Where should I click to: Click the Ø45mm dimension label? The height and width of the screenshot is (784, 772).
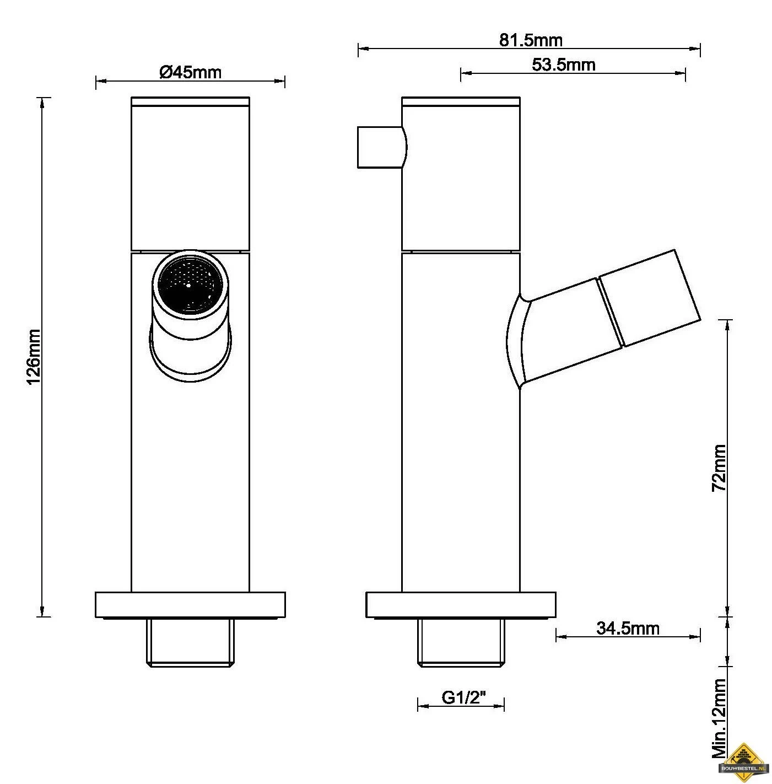[x=190, y=72]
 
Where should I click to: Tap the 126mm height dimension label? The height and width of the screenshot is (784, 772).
[x=34, y=357]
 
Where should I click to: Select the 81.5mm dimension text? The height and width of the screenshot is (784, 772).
[x=531, y=40]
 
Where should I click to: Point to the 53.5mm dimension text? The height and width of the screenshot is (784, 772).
[x=563, y=65]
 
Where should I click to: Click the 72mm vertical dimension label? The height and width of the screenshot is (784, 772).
[x=719, y=468]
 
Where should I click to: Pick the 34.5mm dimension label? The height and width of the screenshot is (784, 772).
[x=628, y=628]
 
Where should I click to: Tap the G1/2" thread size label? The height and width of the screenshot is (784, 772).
[x=464, y=698]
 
